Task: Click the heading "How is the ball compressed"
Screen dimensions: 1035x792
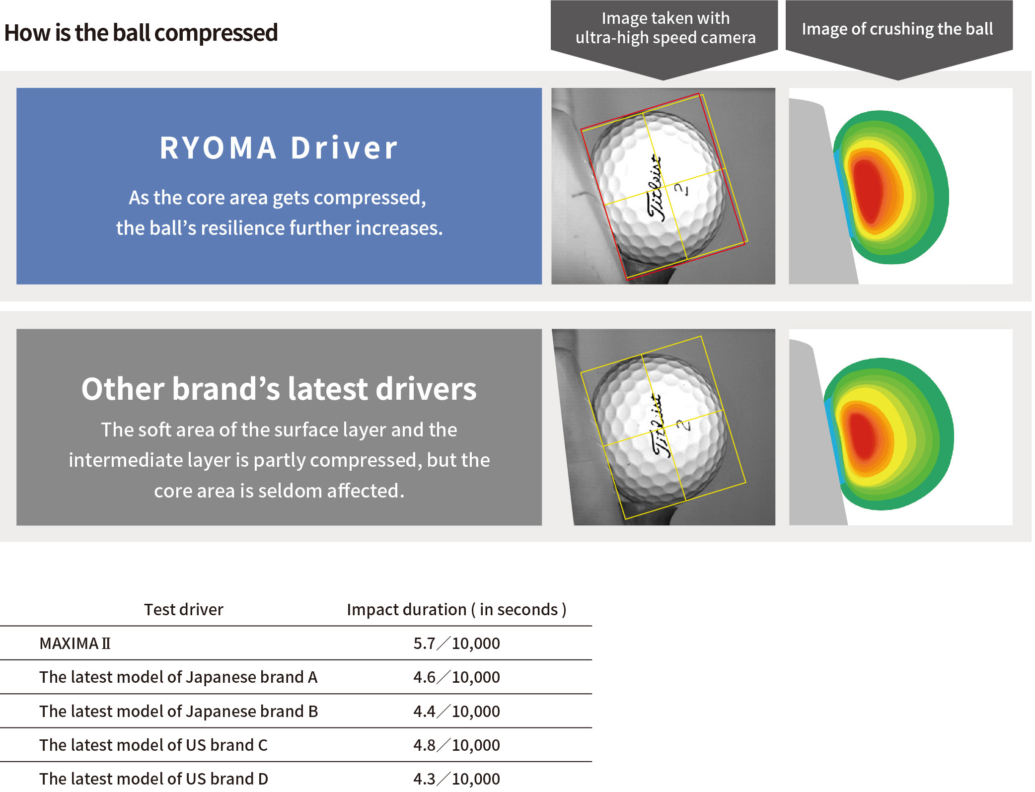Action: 141,33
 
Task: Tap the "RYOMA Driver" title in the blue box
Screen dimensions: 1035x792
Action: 279,148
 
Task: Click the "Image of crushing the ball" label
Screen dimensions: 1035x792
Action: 897,29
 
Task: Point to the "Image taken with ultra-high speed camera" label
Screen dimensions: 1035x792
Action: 665,28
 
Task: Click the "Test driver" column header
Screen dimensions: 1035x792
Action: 183,609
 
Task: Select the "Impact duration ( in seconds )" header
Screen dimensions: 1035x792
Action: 456,609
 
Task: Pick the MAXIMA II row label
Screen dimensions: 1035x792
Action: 75,644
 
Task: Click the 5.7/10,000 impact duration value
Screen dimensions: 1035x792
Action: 456,644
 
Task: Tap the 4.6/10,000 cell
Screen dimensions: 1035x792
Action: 456,677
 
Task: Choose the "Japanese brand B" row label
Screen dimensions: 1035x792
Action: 179,712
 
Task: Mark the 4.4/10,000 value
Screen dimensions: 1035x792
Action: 456,712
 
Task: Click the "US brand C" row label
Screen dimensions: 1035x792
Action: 153,745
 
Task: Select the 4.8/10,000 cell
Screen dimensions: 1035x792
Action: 456,745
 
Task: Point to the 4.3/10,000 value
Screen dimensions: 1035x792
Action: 456,779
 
